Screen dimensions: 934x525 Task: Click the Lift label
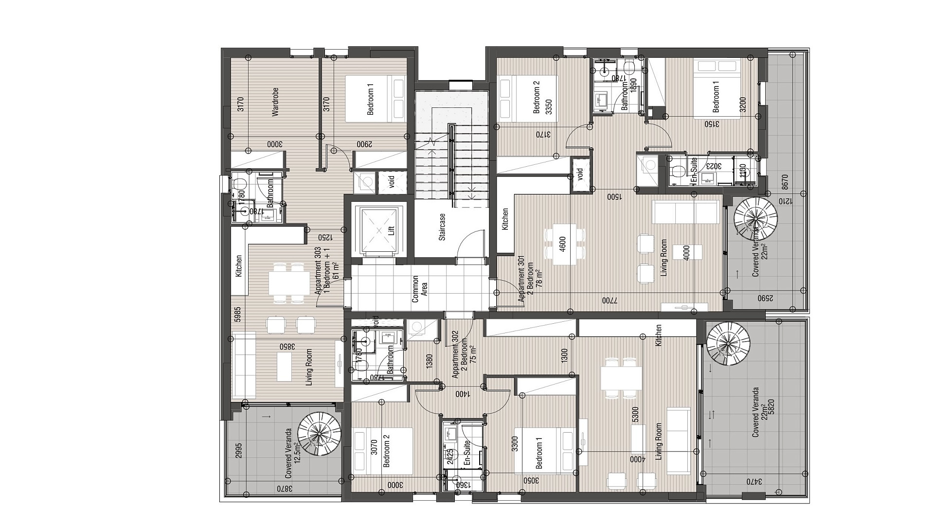click(x=391, y=230)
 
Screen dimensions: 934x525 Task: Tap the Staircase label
click(x=442, y=227)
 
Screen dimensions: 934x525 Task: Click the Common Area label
click(x=419, y=289)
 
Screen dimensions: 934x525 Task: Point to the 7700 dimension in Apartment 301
click(x=610, y=300)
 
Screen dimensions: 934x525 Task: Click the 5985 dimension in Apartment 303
click(x=238, y=314)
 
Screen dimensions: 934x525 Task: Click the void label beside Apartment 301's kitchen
click(x=579, y=174)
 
